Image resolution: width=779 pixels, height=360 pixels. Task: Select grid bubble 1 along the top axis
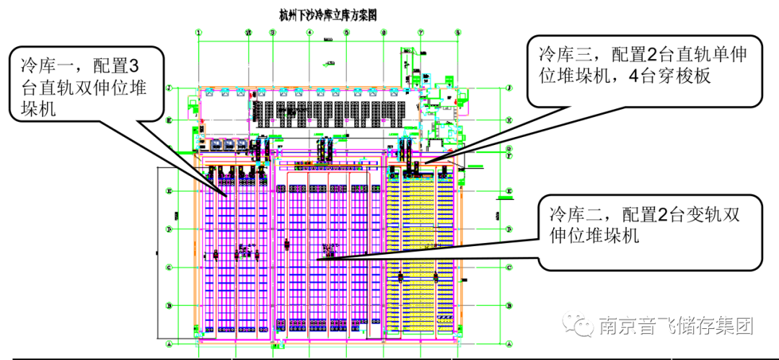[x=198, y=32]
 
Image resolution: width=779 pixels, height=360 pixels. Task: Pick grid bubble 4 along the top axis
[x=309, y=32]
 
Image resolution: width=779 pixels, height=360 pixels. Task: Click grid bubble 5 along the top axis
[x=346, y=32]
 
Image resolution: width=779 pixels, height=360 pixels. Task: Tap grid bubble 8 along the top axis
[x=457, y=32]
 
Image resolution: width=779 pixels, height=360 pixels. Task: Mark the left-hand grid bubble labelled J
[x=169, y=88]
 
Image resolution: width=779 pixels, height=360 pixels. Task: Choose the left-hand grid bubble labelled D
[x=169, y=229]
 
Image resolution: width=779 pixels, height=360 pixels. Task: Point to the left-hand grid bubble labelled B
[x=169, y=306]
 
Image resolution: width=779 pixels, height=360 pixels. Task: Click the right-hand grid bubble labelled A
[x=510, y=344]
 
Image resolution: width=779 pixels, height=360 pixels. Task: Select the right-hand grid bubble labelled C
[x=510, y=268]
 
